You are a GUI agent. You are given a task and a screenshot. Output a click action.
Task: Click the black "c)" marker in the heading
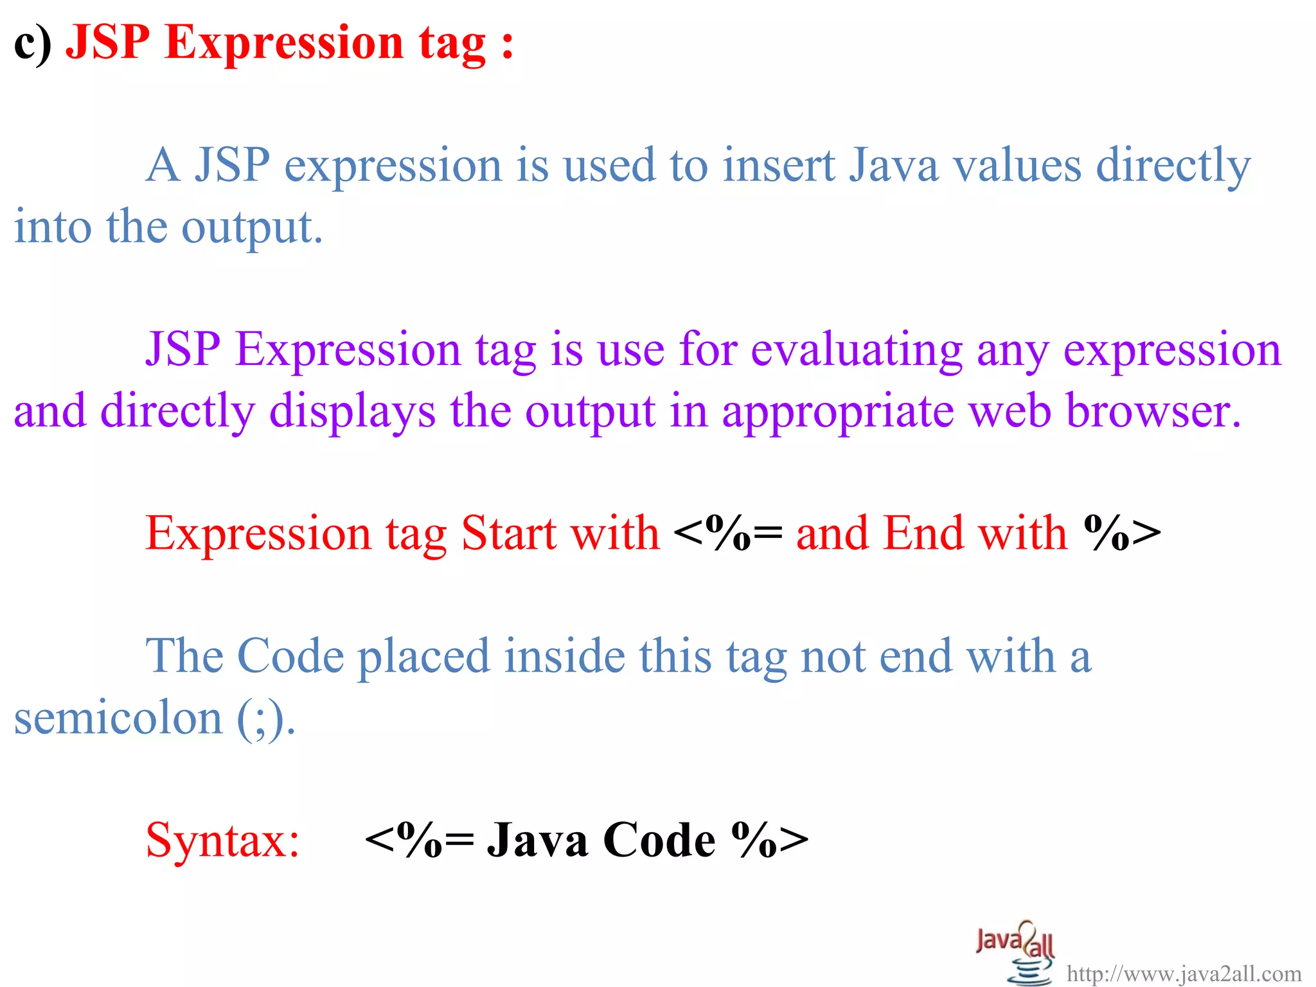tap(32, 44)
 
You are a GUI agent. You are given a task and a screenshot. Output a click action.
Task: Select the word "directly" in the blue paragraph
tap(1173, 166)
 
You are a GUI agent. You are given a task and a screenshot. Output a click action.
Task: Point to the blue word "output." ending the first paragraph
tap(252, 227)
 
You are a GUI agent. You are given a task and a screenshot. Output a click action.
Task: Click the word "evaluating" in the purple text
tap(857, 350)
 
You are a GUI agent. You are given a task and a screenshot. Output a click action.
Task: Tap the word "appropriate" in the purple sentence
tap(838, 411)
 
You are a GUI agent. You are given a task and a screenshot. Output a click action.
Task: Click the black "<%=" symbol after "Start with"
tap(728, 533)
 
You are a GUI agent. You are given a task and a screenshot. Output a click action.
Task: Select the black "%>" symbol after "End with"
tap(1122, 533)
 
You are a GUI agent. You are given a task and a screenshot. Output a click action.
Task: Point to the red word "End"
tap(923, 533)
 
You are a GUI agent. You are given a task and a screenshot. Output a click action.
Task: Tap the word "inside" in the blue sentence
tap(564, 656)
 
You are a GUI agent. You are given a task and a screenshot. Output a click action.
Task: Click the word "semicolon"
tap(118, 718)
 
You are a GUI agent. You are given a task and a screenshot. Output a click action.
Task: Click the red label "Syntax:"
tap(222, 840)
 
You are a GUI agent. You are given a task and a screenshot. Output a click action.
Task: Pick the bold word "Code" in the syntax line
tap(659, 840)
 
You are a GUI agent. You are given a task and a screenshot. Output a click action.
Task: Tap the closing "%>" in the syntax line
tap(770, 840)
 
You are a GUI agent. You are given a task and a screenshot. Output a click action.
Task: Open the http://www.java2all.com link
tap(1184, 974)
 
